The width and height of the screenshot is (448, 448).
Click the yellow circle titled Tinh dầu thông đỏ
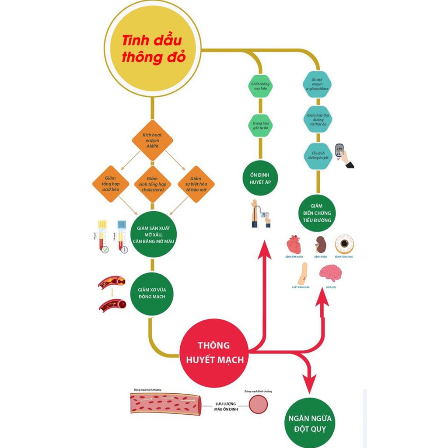pos(153,49)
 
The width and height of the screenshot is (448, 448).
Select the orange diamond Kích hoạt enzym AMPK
pos(153,140)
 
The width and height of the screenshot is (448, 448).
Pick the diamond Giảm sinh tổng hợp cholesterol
pos(152,184)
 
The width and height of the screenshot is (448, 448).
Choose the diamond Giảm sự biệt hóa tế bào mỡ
pos(196,184)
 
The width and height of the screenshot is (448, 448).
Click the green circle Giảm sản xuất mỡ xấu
pos(154,234)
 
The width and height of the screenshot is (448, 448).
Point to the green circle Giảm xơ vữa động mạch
pos(153,294)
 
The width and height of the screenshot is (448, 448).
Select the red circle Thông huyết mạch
pos(214,353)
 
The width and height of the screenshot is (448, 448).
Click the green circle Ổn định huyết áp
pos(260,178)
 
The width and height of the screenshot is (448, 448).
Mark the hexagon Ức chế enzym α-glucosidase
pos(318,84)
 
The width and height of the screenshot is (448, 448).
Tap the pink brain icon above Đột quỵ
pos(330,273)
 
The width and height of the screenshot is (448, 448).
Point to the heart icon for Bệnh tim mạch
pos(294,245)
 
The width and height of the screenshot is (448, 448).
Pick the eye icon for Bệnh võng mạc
pos(344,245)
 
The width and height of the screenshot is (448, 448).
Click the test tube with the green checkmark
pos(103,237)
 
